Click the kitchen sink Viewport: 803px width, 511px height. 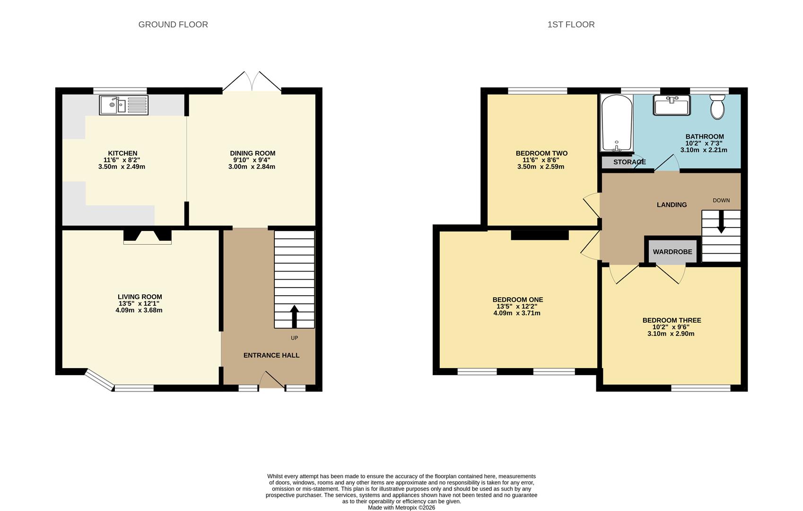(124, 105)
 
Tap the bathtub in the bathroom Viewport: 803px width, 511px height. (617, 123)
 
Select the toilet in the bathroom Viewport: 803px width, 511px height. (717, 106)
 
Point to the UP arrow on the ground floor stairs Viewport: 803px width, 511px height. (294, 317)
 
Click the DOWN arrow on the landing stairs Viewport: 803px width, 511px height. (721, 222)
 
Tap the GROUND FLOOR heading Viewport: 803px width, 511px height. (173, 25)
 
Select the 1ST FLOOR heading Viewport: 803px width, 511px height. (571, 25)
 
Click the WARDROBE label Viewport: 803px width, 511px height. (672, 252)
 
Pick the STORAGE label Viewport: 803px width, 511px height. (629, 162)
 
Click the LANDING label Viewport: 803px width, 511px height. (672, 205)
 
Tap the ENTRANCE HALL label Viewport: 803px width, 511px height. (271, 355)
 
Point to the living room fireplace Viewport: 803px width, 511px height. (148, 237)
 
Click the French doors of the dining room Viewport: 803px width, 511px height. (252, 82)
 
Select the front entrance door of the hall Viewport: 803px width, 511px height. (272, 380)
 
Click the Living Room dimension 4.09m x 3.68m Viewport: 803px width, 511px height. (139, 310)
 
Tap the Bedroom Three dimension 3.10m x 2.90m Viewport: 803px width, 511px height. (671, 334)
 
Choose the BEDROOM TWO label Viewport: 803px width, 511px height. (541, 153)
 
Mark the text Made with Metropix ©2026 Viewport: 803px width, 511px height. (401, 508)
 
